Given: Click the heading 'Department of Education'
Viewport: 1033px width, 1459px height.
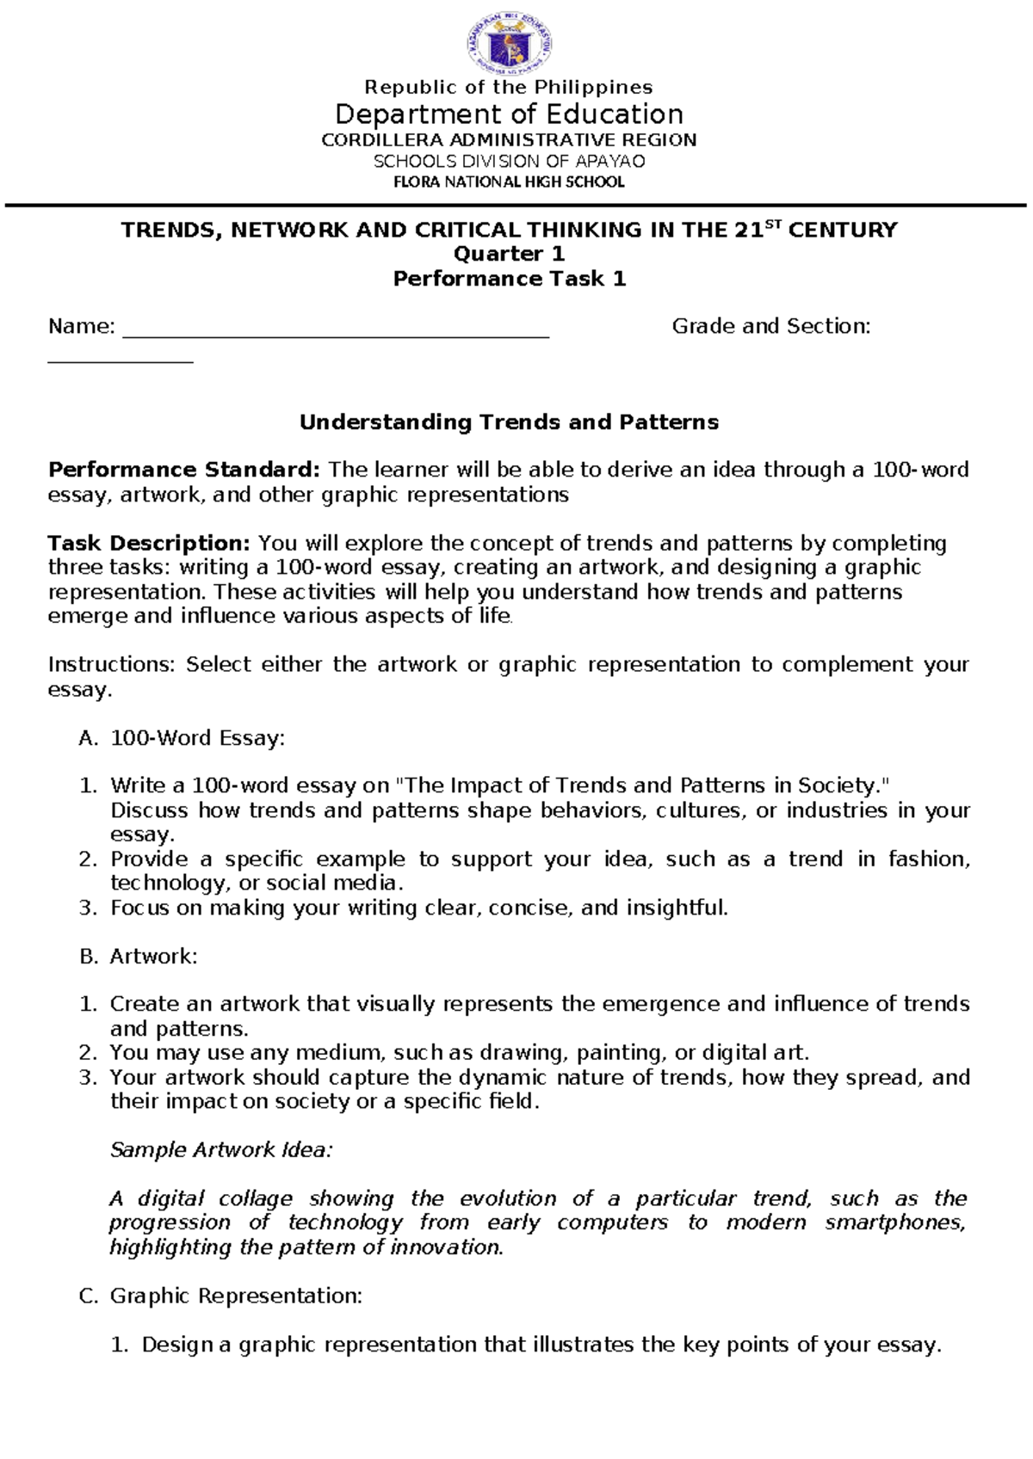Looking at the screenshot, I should [x=509, y=114].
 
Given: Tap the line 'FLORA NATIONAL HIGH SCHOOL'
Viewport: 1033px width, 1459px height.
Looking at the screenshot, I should [x=509, y=182].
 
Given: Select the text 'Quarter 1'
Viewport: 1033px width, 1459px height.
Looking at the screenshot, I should [x=509, y=254].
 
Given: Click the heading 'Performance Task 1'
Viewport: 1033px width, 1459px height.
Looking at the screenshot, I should [x=509, y=279].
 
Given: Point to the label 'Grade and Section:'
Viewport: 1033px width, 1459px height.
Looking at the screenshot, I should [x=770, y=326].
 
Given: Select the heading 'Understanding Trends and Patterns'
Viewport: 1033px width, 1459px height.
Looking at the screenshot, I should [x=509, y=422].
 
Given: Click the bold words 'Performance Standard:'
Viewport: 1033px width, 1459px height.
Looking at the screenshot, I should [x=184, y=470].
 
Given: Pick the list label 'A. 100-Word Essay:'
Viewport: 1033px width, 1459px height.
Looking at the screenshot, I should [x=181, y=738].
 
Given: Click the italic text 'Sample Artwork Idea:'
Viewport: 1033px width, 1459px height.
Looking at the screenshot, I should [x=220, y=1150].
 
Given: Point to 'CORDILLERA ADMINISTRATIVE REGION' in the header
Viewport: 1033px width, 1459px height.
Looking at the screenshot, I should [x=509, y=140].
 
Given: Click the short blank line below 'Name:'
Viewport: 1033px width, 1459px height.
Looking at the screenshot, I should [x=121, y=360].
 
